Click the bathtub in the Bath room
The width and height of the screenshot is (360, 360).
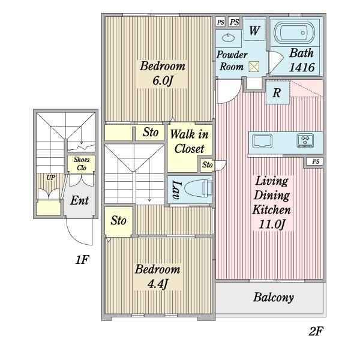[295, 33]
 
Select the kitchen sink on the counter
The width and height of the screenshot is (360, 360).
[262, 141]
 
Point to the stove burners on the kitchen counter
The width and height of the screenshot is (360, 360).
[305, 140]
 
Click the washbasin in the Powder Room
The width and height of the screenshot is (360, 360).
[229, 37]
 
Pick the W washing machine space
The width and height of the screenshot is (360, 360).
[254, 31]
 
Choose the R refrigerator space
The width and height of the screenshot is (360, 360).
[277, 93]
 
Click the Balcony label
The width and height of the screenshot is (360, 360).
[274, 298]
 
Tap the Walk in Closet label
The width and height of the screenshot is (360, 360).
[190, 141]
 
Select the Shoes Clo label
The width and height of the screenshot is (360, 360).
[82, 163]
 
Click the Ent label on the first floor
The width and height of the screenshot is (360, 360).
[79, 200]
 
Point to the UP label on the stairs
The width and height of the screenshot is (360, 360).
[51, 178]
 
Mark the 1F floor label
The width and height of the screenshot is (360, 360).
[82, 260]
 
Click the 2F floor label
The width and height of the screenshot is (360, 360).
[316, 331]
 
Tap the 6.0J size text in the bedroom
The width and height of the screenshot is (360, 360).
[163, 80]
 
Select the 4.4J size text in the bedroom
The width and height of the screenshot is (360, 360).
[158, 284]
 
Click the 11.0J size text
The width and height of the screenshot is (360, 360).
[272, 224]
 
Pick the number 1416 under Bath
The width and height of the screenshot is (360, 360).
[302, 67]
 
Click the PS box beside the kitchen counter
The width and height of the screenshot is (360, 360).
[316, 161]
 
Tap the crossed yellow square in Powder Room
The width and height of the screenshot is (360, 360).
[254, 67]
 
